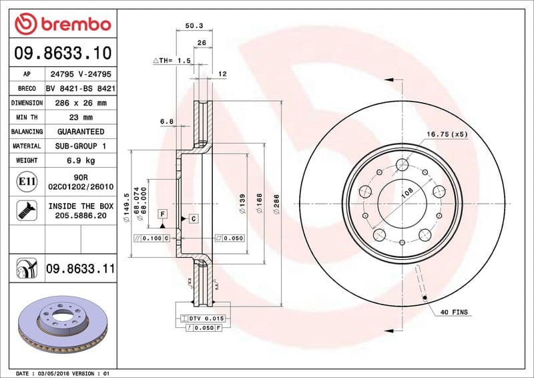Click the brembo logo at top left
click(61, 25)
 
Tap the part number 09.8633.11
click(80, 269)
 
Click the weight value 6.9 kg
click(80, 160)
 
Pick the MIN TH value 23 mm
click(80, 118)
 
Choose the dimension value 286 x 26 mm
click(80, 103)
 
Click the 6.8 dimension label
click(167, 122)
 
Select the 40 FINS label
click(455, 312)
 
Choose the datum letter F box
click(162, 214)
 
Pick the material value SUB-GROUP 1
click(80, 146)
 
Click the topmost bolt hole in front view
click(402, 166)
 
